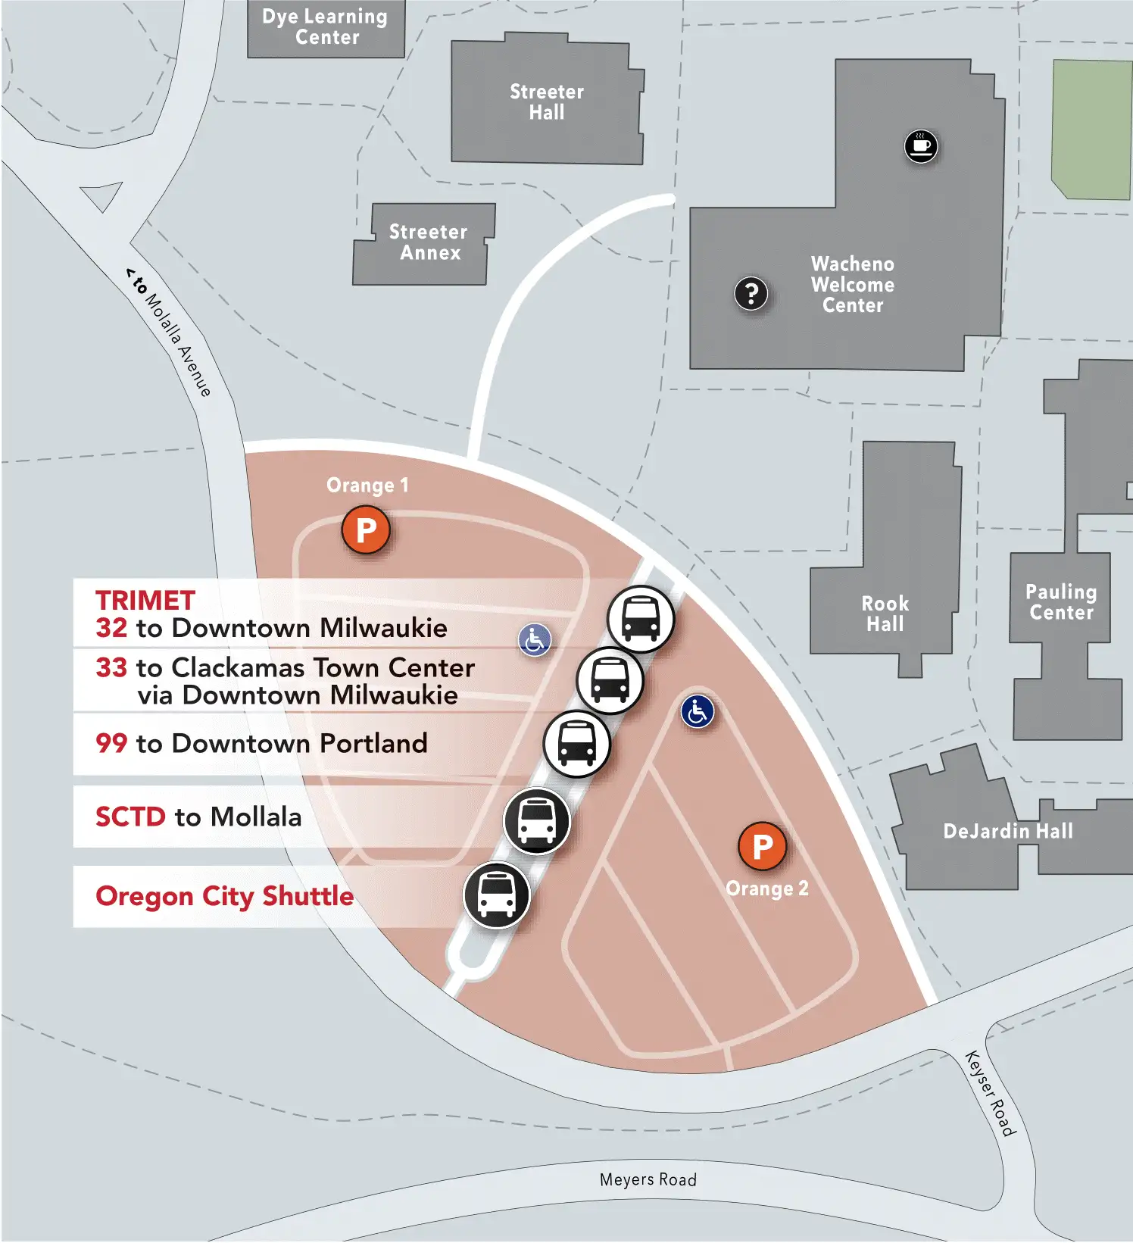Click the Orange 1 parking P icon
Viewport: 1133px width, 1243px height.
366,530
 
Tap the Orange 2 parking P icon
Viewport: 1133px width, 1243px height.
762,847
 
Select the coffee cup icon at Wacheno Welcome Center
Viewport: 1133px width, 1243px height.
921,145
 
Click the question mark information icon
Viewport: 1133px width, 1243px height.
751,293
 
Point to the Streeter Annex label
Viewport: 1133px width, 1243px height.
429,242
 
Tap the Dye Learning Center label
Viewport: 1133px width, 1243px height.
326,27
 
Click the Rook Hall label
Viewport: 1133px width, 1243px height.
885,614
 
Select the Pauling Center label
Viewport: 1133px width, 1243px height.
1061,602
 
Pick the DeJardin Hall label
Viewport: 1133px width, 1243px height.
1008,832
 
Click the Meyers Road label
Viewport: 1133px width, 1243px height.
648,1179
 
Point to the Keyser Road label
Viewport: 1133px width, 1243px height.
991,1093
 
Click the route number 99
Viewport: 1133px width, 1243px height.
111,743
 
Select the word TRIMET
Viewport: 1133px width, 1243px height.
145,601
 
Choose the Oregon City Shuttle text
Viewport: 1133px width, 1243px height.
225,896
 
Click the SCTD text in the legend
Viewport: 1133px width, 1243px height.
130,817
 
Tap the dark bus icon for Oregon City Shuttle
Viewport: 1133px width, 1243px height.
497,895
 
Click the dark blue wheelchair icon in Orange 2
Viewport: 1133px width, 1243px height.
697,712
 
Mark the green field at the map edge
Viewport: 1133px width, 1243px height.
1091,129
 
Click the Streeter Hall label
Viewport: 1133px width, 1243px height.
547,102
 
